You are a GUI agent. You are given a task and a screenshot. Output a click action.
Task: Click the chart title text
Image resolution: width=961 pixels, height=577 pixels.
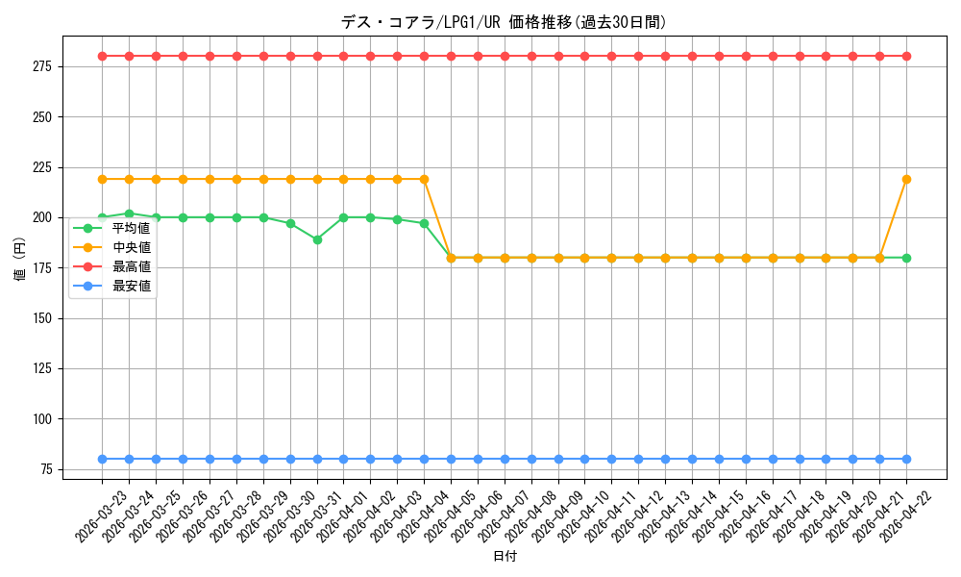click(504, 23)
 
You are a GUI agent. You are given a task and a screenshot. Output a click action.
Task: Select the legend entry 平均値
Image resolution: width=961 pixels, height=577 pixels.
click(112, 228)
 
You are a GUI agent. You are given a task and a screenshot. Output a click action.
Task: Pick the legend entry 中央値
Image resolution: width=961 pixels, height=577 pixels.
click(112, 248)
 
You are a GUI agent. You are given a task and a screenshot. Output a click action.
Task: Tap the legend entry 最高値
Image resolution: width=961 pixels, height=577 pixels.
click(112, 266)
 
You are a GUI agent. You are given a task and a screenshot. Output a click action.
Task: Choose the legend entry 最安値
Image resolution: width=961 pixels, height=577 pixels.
click(112, 287)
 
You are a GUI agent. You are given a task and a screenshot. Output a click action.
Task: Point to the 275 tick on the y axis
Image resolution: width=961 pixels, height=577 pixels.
click(44, 66)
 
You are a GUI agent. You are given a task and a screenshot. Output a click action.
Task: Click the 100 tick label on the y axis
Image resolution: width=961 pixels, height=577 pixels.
click(44, 419)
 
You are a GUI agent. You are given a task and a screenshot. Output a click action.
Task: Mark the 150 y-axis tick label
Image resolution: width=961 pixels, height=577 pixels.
click(44, 318)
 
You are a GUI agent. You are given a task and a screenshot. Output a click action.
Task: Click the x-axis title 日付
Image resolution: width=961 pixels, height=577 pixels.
click(505, 556)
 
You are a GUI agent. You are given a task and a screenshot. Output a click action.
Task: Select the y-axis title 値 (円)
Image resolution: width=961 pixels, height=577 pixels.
click(19, 258)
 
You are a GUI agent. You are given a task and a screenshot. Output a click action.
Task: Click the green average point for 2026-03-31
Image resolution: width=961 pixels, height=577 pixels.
click(317, 239)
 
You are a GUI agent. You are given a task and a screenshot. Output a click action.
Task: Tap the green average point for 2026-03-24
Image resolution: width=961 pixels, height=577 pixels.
click(130, 214)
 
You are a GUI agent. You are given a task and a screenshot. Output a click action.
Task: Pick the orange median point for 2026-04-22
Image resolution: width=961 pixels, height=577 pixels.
click(906, 179)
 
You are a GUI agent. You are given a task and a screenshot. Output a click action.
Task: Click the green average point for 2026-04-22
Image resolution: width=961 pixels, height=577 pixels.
click(906, 258)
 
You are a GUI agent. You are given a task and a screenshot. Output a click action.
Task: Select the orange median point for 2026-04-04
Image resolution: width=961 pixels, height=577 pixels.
click(424, 179)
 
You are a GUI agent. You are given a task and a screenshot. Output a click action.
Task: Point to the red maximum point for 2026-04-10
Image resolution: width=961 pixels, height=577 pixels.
click(584, 57)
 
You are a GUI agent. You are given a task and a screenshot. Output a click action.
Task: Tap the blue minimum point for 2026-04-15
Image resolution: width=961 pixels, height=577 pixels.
click(719, 460)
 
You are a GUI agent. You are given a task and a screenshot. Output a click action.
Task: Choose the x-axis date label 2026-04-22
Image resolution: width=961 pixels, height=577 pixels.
click(906, 517)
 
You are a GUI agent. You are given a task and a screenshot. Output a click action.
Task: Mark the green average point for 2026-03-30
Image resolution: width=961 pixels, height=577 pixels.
click(290, 224)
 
